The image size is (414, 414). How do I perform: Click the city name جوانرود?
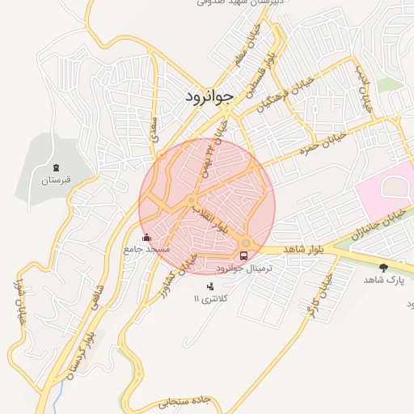click(208, 96)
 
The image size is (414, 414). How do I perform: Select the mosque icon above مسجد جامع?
click(146, 238)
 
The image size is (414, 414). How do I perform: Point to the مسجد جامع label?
click(146, 250)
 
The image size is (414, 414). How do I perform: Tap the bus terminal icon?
click(244, 256)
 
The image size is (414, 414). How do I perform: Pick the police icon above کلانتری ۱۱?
click(211, 285)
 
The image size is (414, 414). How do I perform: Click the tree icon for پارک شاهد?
click(383, 267)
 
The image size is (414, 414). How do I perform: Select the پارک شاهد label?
click(383, 279)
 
